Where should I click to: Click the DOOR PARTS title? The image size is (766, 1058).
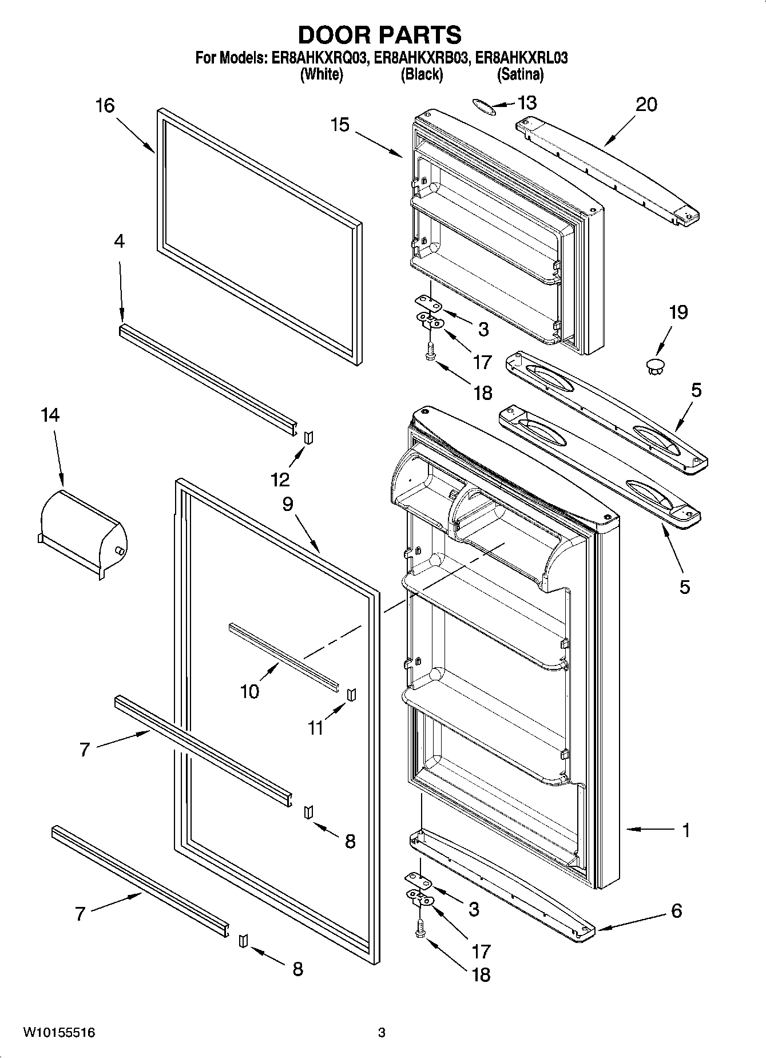tap(380, 35)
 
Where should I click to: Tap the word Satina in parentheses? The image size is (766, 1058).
tap(520, 74)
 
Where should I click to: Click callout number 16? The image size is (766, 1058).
tap(105, 106)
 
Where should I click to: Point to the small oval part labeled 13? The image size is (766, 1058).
tap(482, 105)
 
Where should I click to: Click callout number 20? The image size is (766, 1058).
tap(646, 105)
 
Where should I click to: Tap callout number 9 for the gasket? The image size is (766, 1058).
tap(287, 504)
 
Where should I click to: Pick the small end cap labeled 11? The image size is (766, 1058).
tap(352, 694)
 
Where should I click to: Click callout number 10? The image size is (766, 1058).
tap(249, 691)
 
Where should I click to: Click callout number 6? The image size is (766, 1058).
tap(677, 910)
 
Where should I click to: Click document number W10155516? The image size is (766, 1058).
tap(59, 1033)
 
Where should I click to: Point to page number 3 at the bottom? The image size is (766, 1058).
tap(382, 1033)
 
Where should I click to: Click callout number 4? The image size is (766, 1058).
tap(119, 241)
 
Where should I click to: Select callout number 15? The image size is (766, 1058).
tap(340, 124)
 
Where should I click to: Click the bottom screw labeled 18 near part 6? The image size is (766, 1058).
tap(421, 930)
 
